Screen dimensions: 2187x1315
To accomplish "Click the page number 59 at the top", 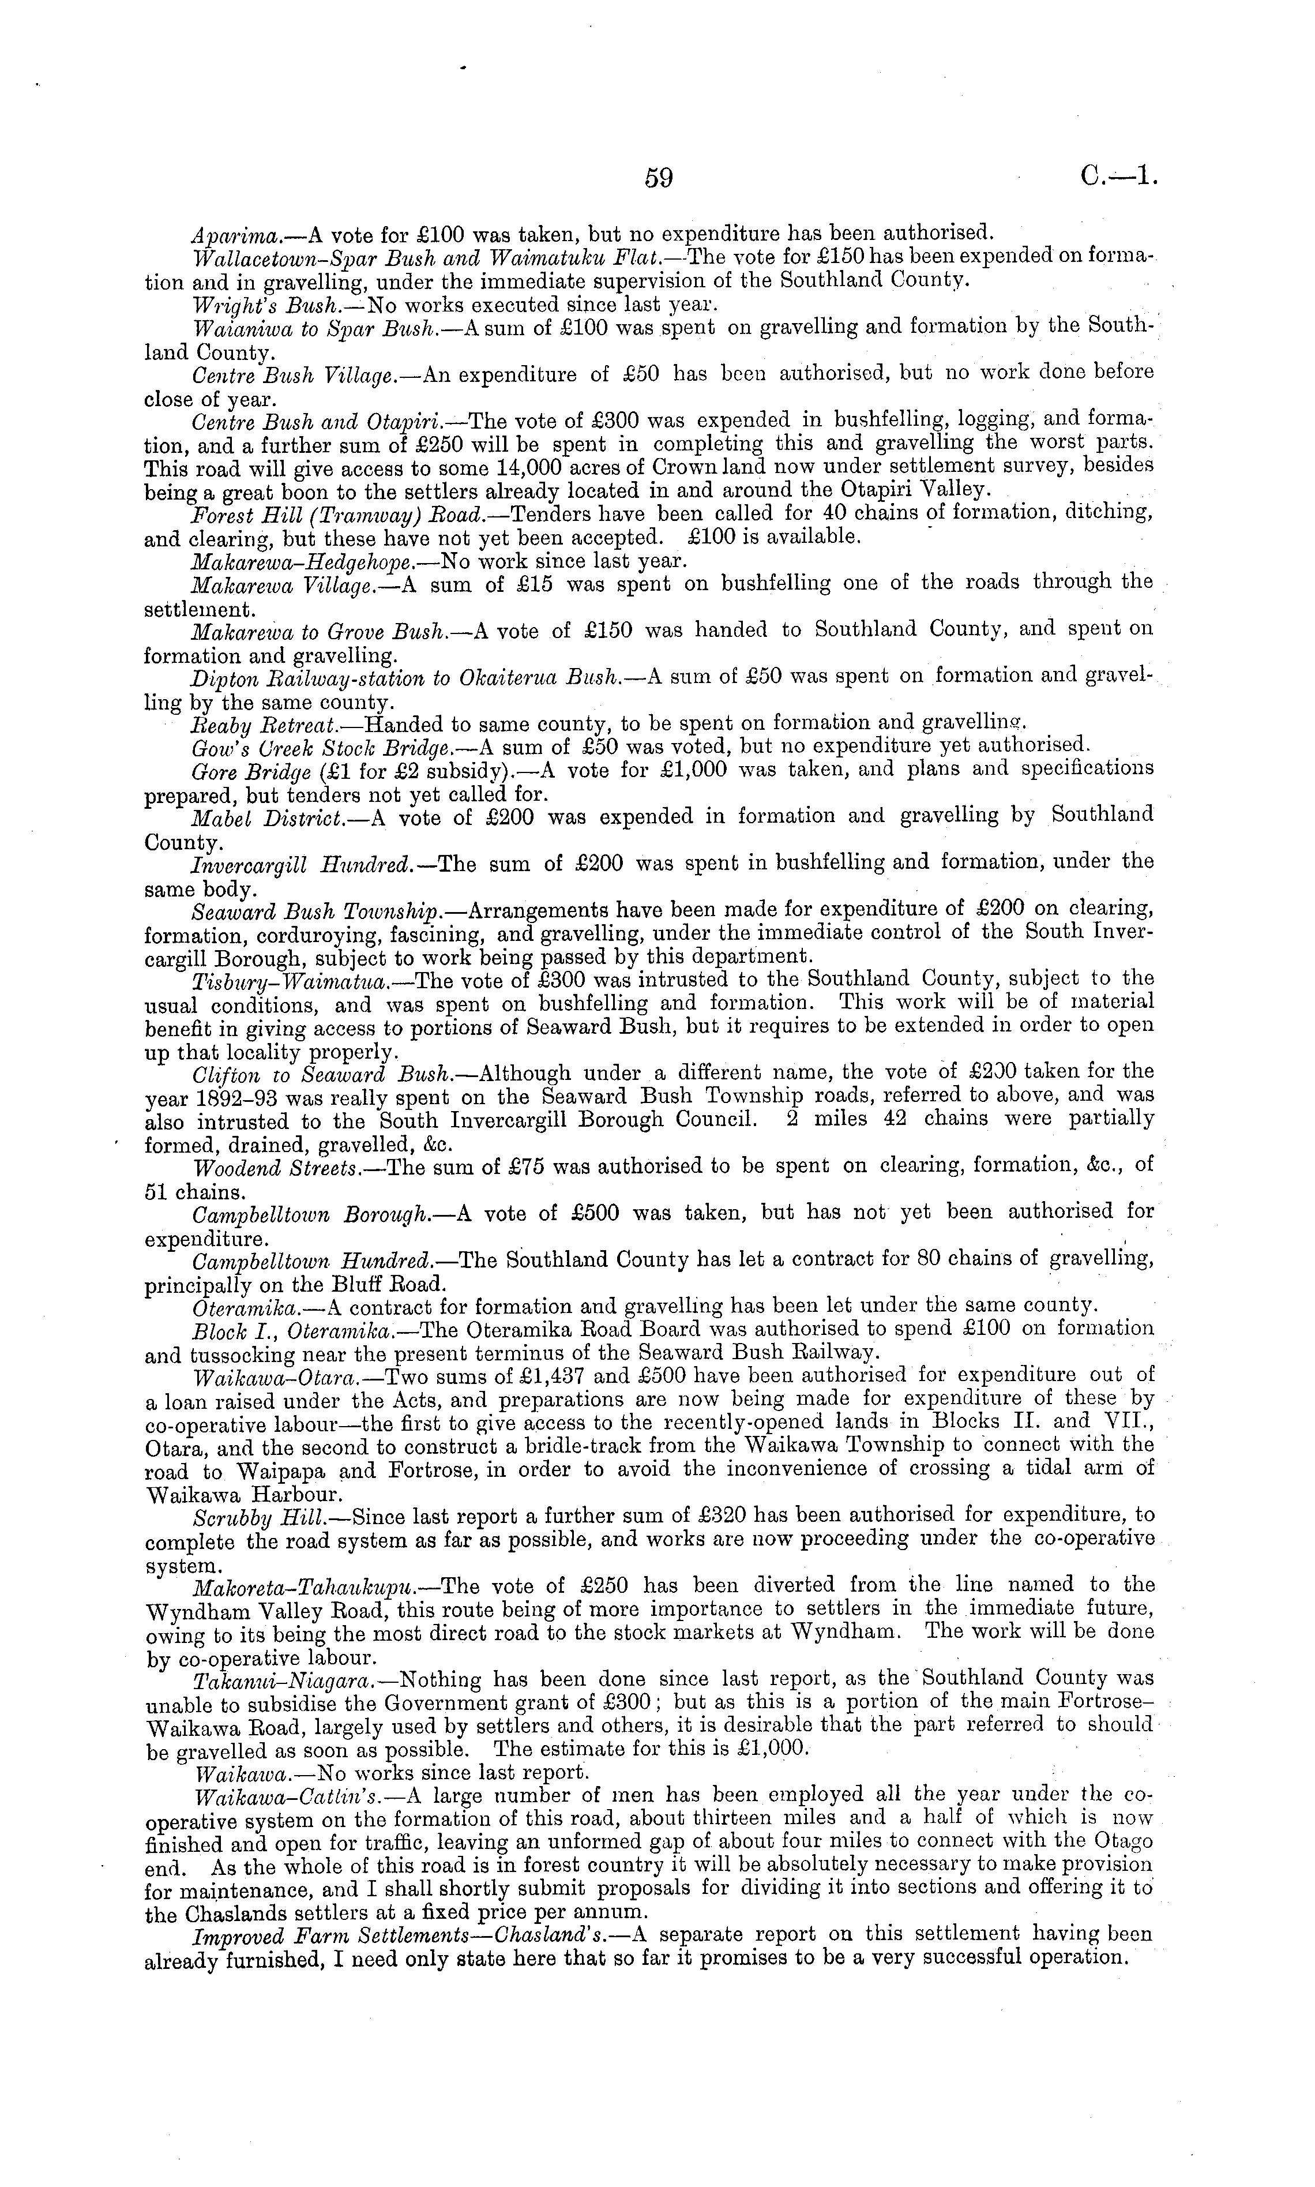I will [x=659, y=178].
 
